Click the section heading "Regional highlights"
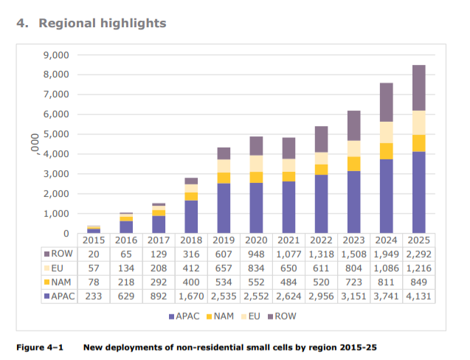(x=102, y=24)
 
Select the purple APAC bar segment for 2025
(x=418, y=193)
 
